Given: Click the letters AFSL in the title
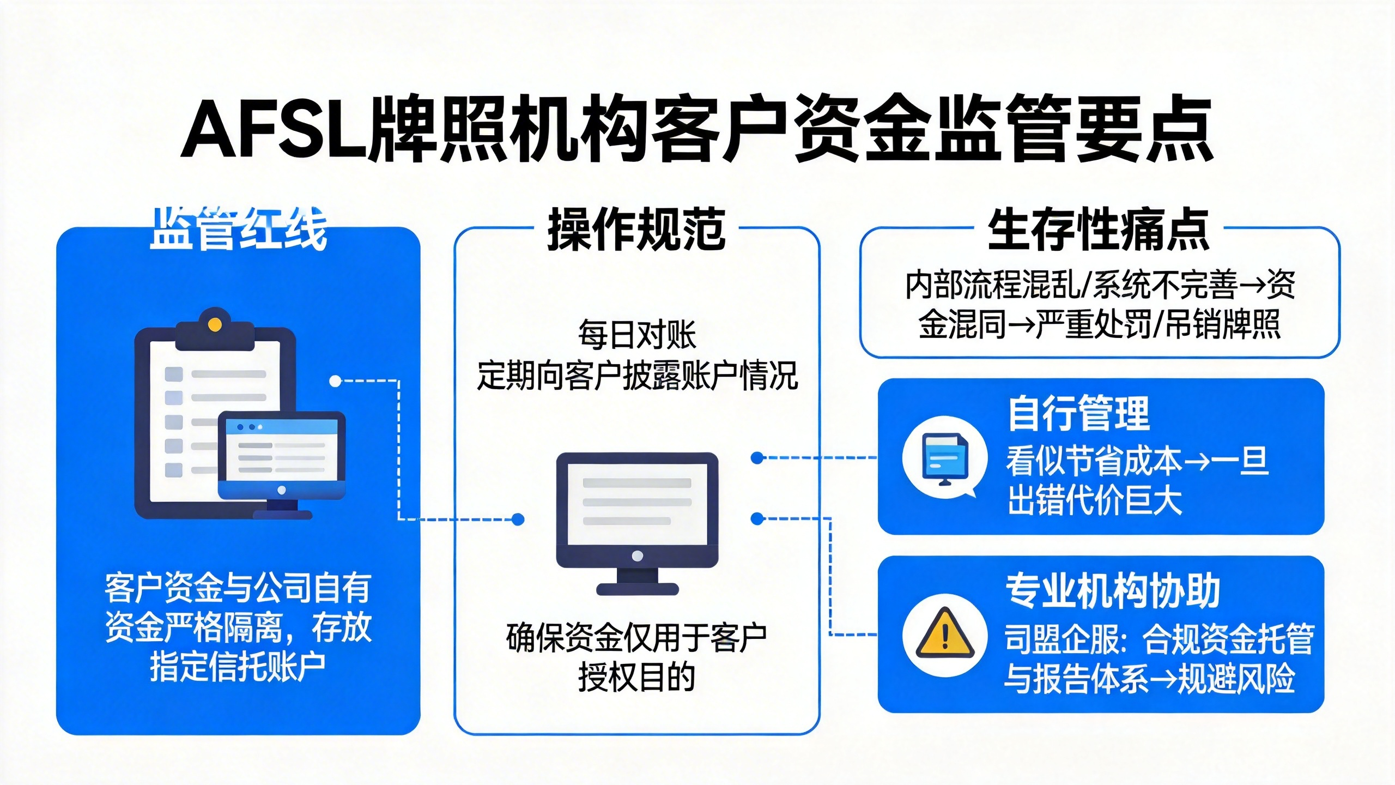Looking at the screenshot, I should point(275,130).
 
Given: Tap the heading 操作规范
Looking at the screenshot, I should point(636,230).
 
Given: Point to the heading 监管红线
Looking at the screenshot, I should point(238,230).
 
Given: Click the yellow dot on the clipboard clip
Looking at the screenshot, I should point(215,325).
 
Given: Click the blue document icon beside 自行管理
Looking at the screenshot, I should point(944,457).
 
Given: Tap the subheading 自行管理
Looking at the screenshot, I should point(1078,414).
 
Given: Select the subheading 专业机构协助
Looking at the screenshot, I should point(1112,591).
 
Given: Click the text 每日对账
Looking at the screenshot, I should point(636,335).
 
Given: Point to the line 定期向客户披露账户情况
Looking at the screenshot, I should point(636,376).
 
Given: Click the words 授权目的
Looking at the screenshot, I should point(636,678).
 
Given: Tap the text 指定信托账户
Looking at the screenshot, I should point(238,667).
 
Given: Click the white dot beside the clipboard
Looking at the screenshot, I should point(335,381).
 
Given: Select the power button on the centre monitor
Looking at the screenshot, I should point(637,556).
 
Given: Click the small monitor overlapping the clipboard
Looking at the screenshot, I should point(282,455).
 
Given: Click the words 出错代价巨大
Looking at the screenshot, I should point(1094,500).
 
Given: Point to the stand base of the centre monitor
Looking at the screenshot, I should point(637,589).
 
